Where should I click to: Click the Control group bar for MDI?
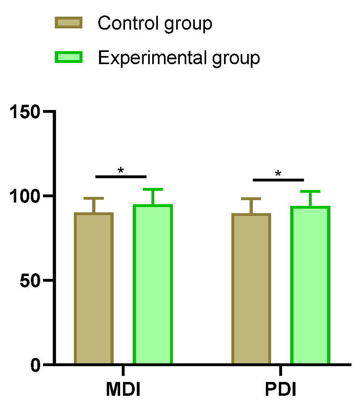pyautogui.click(x=94, y=288)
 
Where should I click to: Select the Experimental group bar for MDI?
pyautogui.click(x=153, y=284)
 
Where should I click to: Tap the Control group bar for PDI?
pyautogui.click(x=251, y=289)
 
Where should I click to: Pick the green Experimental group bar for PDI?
pyautogui.click(x=310, y=285)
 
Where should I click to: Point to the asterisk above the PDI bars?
pyautogui.click(x=278, y=174)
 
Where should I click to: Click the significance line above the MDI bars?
pyautogui.click(x=121, y=177)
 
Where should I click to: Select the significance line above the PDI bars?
pyautogui.click(x=278, y=179)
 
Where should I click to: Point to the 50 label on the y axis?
pyautogui.click(x=30, y=280)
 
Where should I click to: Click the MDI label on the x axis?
pyautogui.click(x=123, y=390)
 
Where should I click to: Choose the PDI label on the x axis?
pyautogui.click(x=280, y=390)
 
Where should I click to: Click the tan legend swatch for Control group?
pyautogui.click(x=69, y=23)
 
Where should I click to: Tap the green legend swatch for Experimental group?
pyautogui.click(x=69, y=58)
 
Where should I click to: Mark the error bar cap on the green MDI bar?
pyautogui.click(x=153, y=189)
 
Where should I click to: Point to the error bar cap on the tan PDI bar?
pyautogui.click(x=251, y=199)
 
